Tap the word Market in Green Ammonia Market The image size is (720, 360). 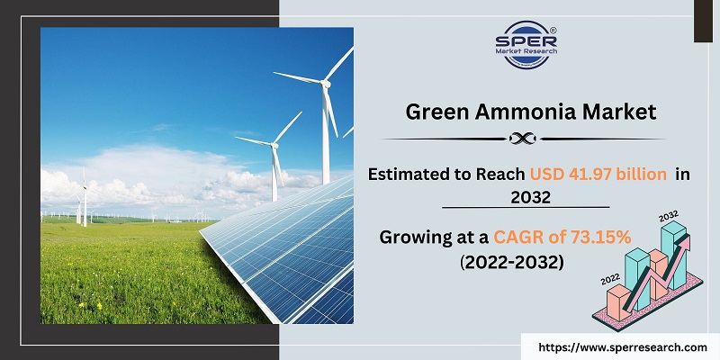coord(622,112)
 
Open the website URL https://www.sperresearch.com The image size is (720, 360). coord(620,346)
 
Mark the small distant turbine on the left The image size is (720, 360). coord(85,191)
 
